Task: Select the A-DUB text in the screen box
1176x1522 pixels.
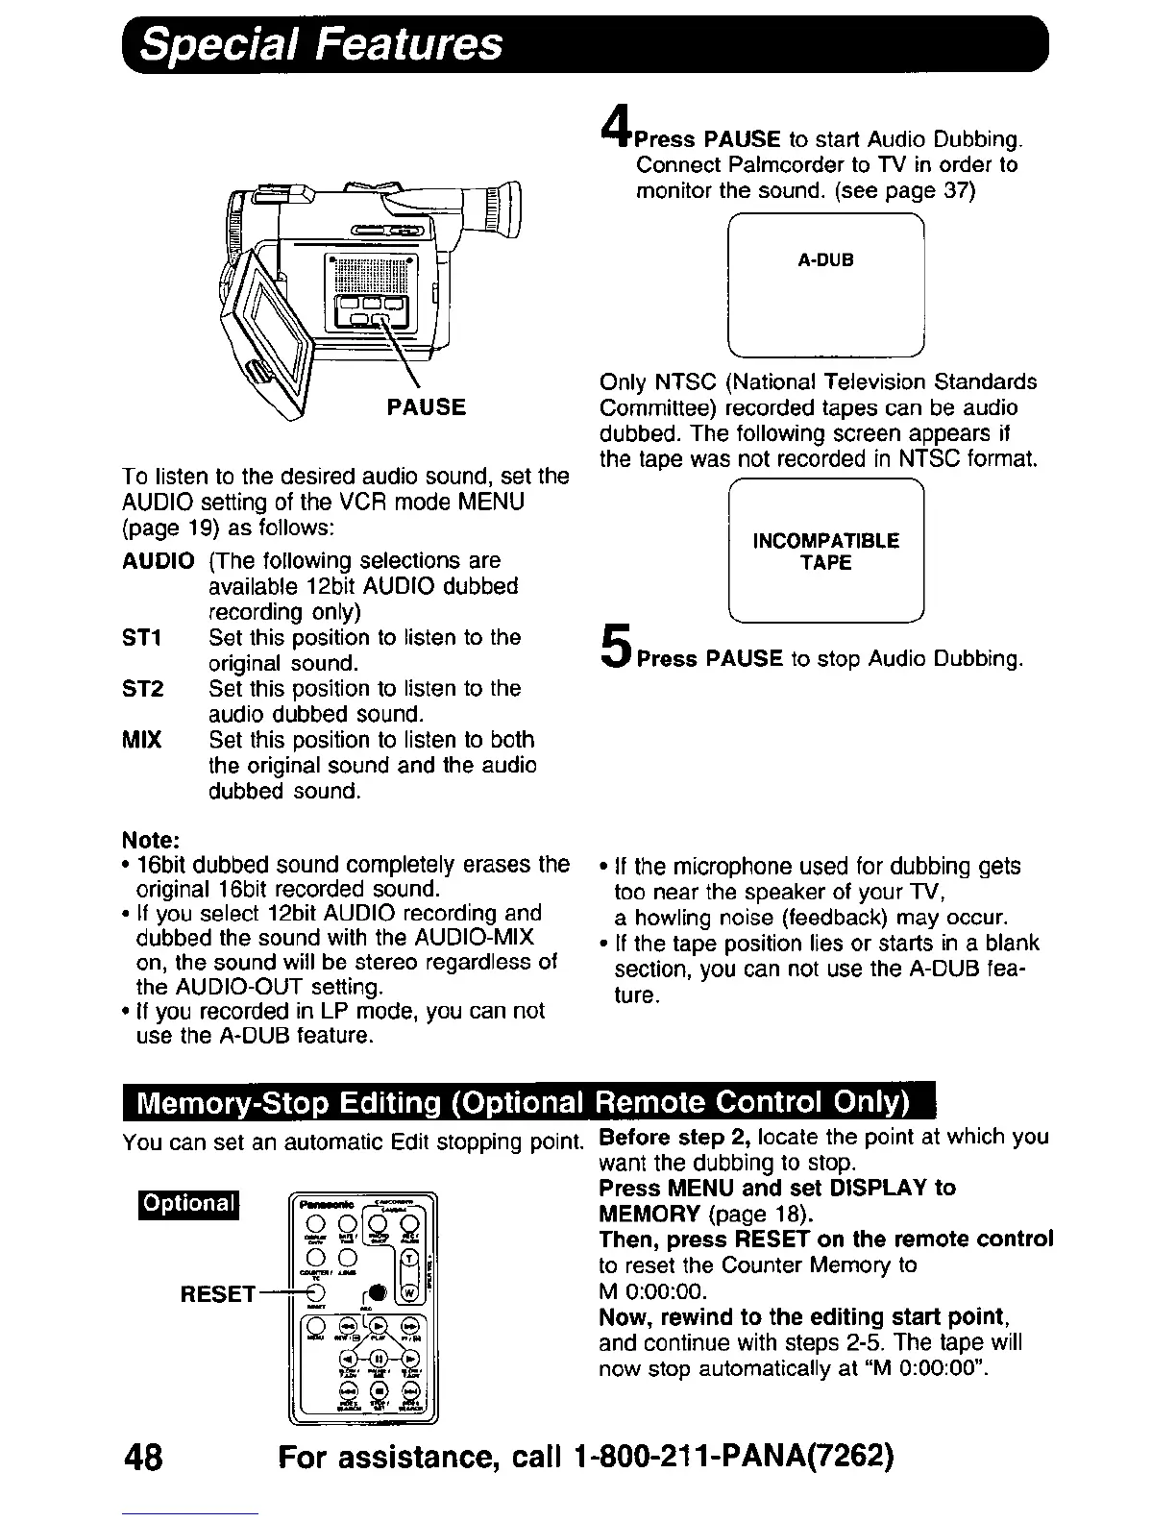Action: click(825, 260)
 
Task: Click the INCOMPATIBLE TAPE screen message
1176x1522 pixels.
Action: click(825, 552)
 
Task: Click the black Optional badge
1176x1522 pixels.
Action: click(189, 1203)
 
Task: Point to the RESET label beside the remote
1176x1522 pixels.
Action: click(218, 1293)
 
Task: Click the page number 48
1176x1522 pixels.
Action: click(143, 1458)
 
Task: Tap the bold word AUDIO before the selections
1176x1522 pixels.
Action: click(159, 560)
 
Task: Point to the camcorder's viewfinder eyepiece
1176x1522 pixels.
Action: click(499, 207)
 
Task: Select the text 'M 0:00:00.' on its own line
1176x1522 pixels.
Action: click(651, 1290)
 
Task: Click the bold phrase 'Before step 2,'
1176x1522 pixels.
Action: click(674, 1137)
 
